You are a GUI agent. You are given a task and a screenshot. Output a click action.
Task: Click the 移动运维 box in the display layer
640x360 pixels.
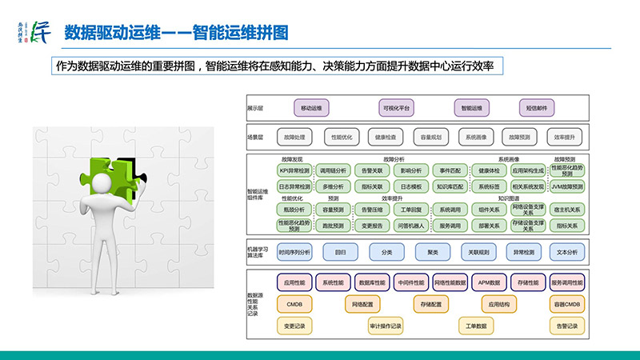point(310,106)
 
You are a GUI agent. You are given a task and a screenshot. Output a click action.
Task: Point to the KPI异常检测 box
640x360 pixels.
point(294,170)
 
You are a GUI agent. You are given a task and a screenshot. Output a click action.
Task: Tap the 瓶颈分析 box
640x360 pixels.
point(294,210)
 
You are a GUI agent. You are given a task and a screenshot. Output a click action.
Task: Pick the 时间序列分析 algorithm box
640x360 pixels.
point(294,252)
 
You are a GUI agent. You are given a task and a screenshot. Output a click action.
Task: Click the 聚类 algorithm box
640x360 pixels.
point(433,252)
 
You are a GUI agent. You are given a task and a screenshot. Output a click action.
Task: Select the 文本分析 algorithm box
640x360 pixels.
point(566,252)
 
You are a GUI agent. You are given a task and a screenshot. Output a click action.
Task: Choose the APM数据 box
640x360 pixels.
point(490,282)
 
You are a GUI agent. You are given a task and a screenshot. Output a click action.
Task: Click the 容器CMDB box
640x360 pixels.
point(566,304)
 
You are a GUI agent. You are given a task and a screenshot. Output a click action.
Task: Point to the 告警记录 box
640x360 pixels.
point(566,326)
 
